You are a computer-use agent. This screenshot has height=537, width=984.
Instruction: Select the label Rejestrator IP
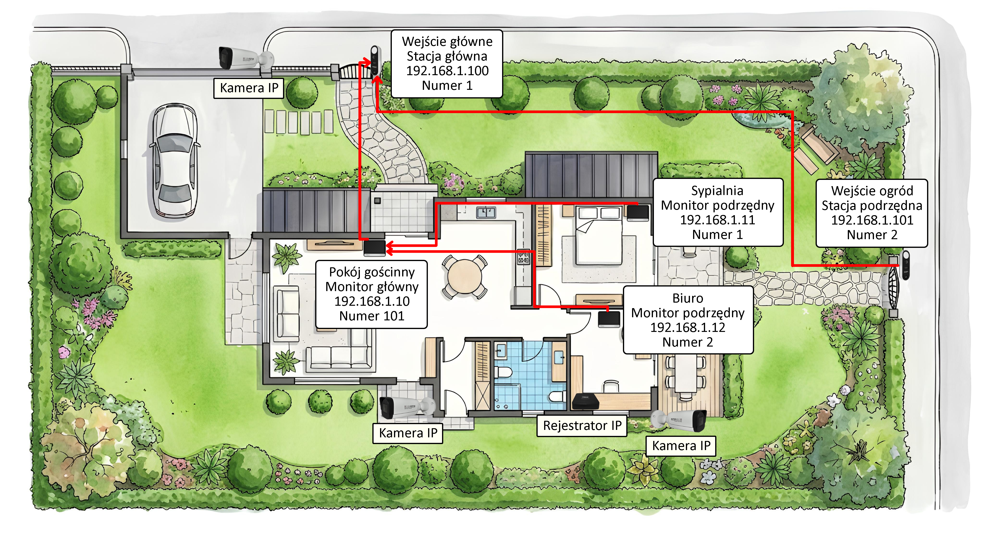pyautogui.click(x=582, y=425)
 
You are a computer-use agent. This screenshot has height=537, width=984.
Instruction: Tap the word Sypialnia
pyautogui.click(x=717, y=191)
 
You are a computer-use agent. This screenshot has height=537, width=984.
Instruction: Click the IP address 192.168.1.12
pyautogui.click(x=688, y=327)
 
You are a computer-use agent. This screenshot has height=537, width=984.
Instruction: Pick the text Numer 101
pyautogui.click(x=372, y=316)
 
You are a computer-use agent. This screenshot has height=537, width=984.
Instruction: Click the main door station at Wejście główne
pyautogui.click(x=375, y=61)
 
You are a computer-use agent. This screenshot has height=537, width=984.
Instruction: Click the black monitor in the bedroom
pyautogui.click(x=638, y=212)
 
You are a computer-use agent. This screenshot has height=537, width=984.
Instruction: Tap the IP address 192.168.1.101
pyautogui.click(x=872, y=220)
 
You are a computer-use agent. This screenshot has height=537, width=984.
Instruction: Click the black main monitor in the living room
pyautogui.click(x=374, y=248)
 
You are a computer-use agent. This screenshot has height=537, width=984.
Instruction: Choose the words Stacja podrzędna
pyautogui.click(x=872, y=206)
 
